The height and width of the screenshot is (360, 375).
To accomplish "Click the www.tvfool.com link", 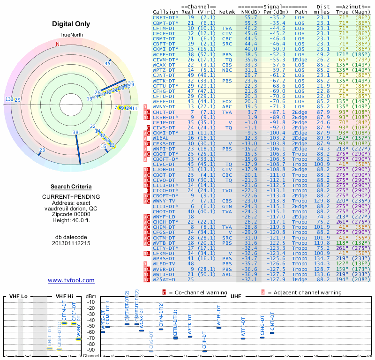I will (x=71, y=280).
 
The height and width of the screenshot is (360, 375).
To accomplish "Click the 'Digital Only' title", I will (x=71, y=24).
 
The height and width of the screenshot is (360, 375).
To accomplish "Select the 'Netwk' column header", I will (x=227, y=11).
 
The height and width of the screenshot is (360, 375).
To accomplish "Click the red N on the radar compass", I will (x=58, y=45).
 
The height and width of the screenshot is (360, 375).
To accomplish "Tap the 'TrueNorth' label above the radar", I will (x=71, y=36).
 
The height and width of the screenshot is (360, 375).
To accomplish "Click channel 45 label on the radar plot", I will (x=108, y=63).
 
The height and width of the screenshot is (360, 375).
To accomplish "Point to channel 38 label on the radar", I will (x=76, y=133).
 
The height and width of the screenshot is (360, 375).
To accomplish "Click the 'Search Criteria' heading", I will (x=71, y=187).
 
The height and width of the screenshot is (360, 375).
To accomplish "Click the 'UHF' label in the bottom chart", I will (x=236, y=297).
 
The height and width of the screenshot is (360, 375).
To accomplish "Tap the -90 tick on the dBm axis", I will (x=90, y=350).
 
